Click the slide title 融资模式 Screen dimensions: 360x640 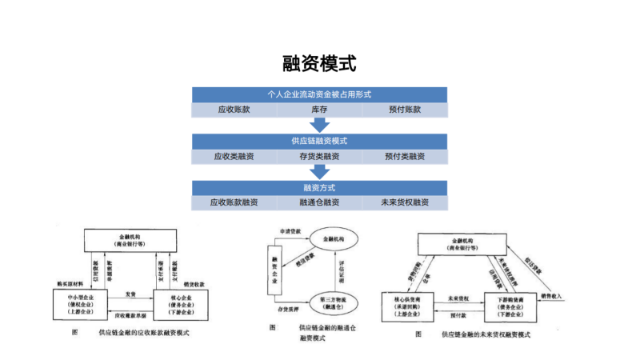(319, 63)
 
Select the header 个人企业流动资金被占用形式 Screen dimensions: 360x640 (319, 94)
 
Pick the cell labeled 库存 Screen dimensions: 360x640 (319, 110)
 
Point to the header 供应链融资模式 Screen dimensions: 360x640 (319, 141)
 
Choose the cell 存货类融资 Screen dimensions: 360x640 (319, 156)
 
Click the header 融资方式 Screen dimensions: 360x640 (319, 187)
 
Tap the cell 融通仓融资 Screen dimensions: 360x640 (319, 202)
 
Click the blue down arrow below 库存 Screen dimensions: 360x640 (320, 125)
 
